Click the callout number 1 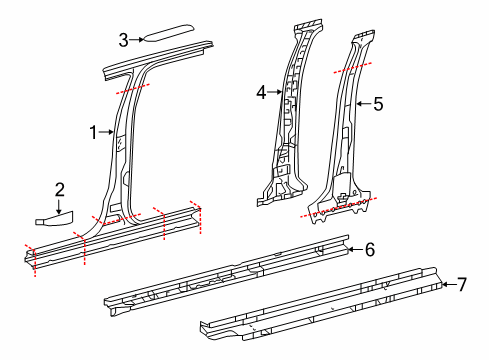point(93,132)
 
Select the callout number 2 point(60,188)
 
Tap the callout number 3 point(123,40)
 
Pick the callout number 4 point(261,92)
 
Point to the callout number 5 point(377,102)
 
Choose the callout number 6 point(369,249)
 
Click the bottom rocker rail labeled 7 point(320,305)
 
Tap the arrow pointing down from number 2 point(60,206)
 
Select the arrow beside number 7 point(446,285)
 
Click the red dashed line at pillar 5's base point(340,207)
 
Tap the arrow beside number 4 point(275,92)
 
